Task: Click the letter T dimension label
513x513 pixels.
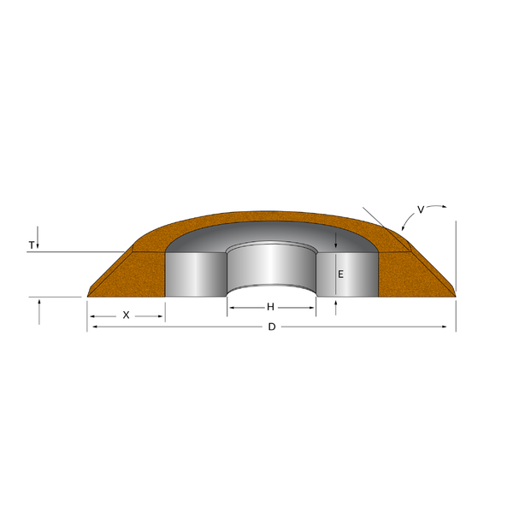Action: coord(32,245)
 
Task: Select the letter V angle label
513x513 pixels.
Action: coord(421,209)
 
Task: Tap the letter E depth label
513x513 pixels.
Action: coord(340,274)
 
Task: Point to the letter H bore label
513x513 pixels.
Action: coord(271,306)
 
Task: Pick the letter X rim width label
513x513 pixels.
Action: coord(126,315)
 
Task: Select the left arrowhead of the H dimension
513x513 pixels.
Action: coord(232,306)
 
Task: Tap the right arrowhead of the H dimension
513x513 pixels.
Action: coord(311,306)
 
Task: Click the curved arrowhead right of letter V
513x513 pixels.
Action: coord(445,206)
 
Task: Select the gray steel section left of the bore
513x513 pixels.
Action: coord(195,274)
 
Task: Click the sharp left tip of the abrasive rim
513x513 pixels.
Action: coord(89,296)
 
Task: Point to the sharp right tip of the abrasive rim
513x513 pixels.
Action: coord(455,295)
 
